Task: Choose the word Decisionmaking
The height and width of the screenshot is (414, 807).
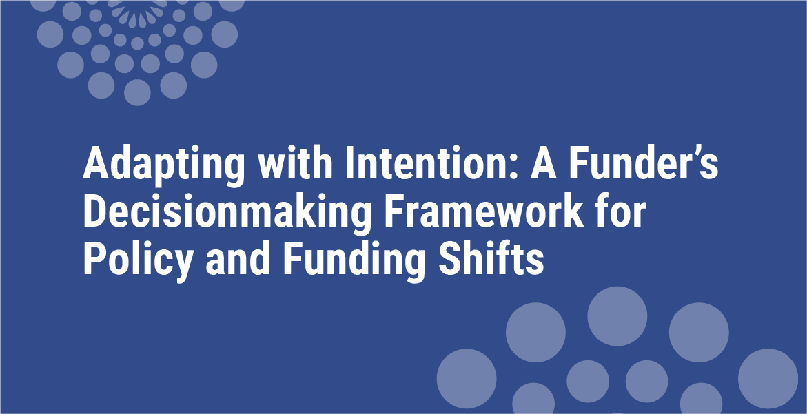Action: [x=227, y=212]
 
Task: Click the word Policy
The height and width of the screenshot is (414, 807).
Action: [x=138, y=260]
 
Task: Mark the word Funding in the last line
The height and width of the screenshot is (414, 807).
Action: [x=354, y=260]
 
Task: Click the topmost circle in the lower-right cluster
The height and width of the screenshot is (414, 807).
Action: [x=617, y=316]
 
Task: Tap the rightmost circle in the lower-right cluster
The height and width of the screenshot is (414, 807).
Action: [x=768, y=378]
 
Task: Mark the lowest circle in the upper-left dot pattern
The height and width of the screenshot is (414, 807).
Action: [x=137, y=92]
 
